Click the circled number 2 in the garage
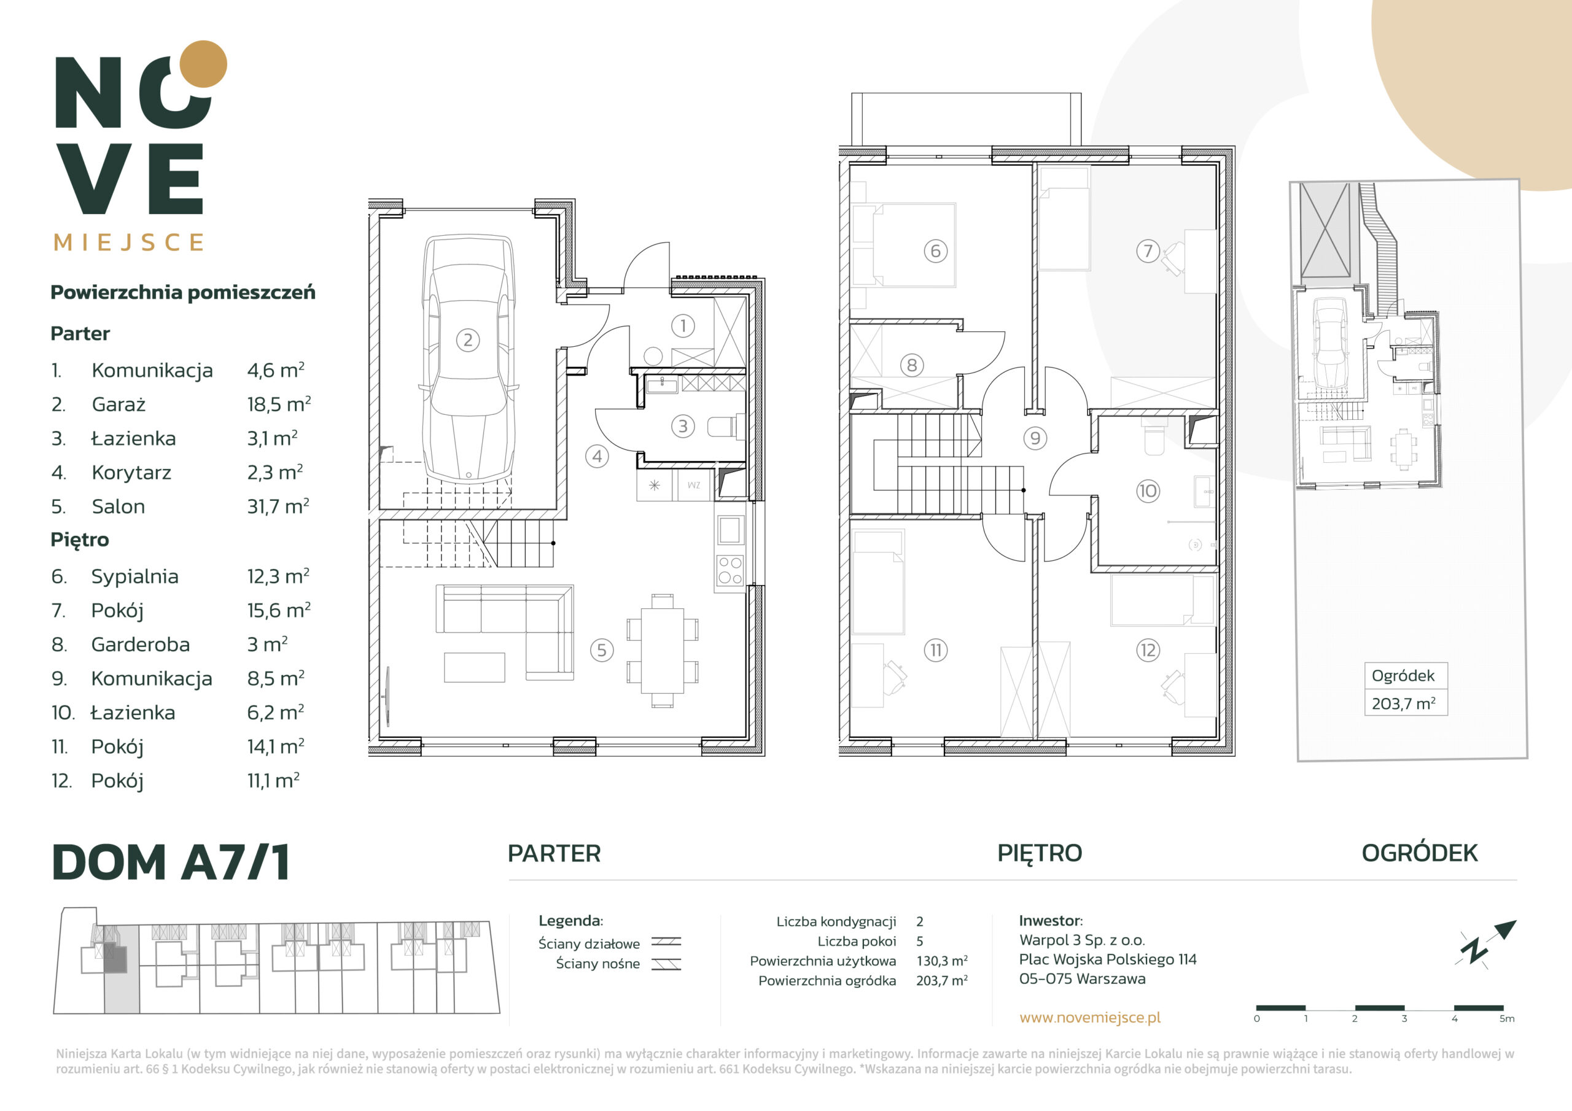468,339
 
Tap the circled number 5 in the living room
602,649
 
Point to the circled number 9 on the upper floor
1035,438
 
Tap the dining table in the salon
662,650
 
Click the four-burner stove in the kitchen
730,570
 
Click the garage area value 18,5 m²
279,404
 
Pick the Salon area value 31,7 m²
278,506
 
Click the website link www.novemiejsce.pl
1090,1017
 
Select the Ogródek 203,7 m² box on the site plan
1406,689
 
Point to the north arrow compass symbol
1486,944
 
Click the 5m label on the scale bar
1506,1018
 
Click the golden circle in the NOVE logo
203,64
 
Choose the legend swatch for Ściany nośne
666,964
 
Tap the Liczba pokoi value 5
919,940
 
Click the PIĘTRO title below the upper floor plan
1040,853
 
